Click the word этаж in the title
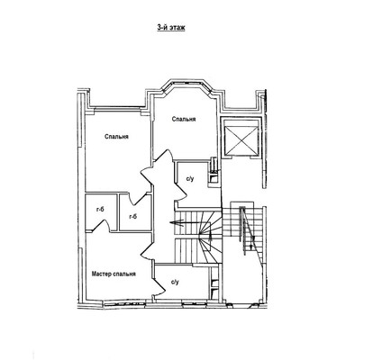(x=177, y=27)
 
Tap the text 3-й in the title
(x=162, y=27)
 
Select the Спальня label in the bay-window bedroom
(x=184, y=119)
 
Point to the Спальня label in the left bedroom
(x=117, y=137)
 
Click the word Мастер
(x=102, y=274)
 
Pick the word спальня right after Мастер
(x=124, y=274)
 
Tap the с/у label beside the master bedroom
(x=175, y=282)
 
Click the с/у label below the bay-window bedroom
(x=190, y=179)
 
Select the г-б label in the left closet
(x=100, y=210)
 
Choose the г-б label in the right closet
(x=132, y=216)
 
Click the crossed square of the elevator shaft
(x=241, y=140)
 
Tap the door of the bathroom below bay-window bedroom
(x=180, y=189)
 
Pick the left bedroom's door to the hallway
(x=146, y=175)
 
